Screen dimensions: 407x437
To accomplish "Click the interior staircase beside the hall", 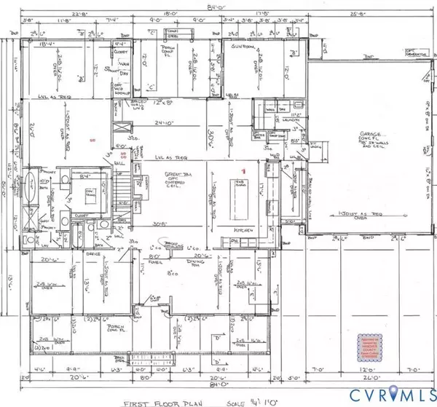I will (120, 192).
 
